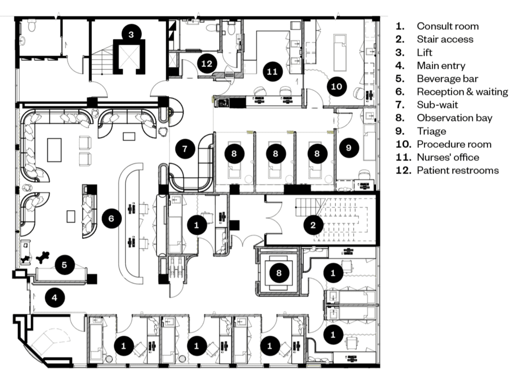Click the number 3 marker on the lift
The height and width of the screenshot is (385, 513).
pyautogui.click(x=131, y=35)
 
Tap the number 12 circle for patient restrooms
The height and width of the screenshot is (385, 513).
pyautogui.click(x=207, y=63)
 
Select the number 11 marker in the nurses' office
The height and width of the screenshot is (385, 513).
pyautogui.click(x=272, y=71)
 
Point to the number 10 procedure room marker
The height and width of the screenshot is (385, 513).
pyautogui.click(x=337, y=86)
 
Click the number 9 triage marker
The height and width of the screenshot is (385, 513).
pyautogui.click(x=349, y=148)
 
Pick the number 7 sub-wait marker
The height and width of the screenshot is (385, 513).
pyautogui.click(x=185, y=149)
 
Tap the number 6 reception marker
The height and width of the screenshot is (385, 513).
pyautogui.click(x=111, y=219)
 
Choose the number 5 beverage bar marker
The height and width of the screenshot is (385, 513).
pyautogui.click(x=65, y=265)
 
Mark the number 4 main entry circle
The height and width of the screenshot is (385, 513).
pyautogui.click(x=55, y=298)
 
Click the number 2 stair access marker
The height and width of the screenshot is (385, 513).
pyautogui.click(x=313, y=225)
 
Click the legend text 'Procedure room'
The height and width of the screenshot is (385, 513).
pyautogui.click(x=454, y=144)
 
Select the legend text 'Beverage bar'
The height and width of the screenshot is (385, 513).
pyautogui.click(x=447, y=79)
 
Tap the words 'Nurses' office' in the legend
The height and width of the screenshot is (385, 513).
pyautogui.click(x=448, y=157)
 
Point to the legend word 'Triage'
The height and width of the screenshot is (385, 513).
pyautogui.click(x=431, y=131)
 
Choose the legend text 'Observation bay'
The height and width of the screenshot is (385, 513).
pyautogui.click(x=454, y=118)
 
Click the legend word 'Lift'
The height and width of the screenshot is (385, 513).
pyautogui.click(x=424, y=52)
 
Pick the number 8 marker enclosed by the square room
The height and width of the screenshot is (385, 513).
pyautogui.click(x=279, y=273)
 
